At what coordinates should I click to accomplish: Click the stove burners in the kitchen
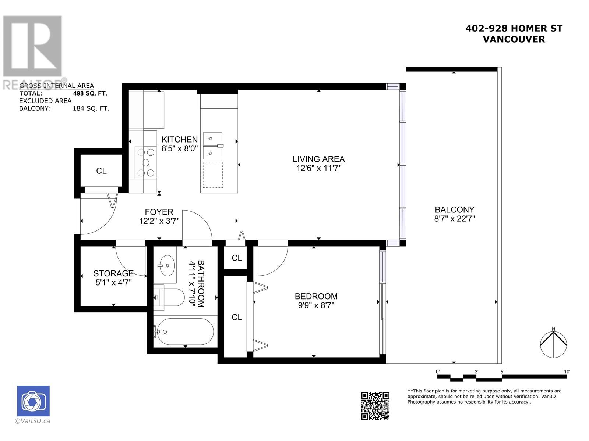click(145, 162)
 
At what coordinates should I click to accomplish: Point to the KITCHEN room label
click(180, 140)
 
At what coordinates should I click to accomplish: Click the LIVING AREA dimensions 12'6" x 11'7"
click(318, 168)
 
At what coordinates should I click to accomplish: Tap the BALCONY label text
click(454, 210)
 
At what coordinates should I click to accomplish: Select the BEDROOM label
click(316, 296)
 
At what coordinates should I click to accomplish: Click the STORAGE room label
click(113, 273)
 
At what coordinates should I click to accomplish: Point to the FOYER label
click(159, 212)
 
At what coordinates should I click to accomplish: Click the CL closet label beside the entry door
click(101, 171)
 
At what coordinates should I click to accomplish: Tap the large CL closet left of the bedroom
click(237, 317)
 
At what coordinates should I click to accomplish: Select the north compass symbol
click(553, 344)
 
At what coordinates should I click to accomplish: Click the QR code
click(375, 406)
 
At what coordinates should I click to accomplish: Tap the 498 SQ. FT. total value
click(90, 93)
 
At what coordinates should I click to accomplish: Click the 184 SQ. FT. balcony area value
click(91, 108)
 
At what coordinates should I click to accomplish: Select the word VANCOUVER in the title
click(514, 39)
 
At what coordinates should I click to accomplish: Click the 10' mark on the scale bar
click(567, 372)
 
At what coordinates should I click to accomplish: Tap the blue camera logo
click(33, 401)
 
